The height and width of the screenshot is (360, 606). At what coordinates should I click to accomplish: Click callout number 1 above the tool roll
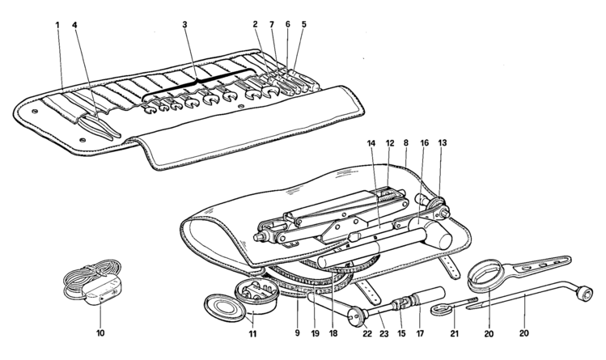coord(57,25)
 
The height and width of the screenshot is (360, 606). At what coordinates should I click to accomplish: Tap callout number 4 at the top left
coord(74,25)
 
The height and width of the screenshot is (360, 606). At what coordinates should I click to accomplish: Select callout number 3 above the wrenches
coord(184,24)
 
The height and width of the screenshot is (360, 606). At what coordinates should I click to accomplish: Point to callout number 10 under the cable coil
coord(100,332)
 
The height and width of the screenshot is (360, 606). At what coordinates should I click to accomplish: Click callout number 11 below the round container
coord(252,333)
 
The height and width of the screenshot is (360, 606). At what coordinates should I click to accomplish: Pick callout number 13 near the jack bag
coord(443,143)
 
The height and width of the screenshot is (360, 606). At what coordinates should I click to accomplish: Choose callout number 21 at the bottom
coord(455,333)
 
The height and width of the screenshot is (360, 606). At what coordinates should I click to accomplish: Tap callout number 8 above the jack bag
coord(406,143)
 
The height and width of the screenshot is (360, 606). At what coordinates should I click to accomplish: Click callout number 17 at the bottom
coord(420,333)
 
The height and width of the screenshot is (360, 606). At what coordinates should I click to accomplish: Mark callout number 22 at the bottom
coord(367,333)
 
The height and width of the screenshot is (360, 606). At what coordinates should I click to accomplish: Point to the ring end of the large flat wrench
coord(485,275)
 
